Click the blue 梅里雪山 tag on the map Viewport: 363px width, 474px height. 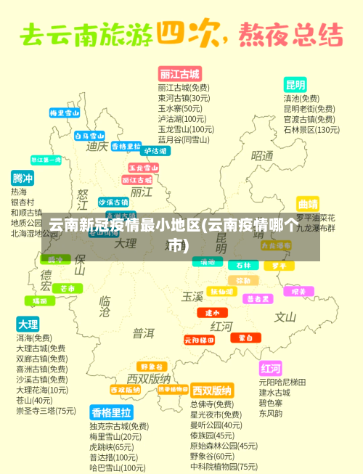64,113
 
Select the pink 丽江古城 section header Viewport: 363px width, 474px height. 179,74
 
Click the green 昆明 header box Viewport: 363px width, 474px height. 295,84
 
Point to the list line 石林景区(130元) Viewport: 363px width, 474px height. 311,130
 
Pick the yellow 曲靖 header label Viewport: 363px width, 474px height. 308,204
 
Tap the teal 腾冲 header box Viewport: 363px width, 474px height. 23,178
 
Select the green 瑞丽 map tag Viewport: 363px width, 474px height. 40,301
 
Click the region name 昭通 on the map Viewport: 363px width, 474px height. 262,156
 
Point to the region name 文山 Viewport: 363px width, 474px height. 285,317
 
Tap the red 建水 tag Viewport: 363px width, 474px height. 212,312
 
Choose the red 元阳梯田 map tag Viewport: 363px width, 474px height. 199,340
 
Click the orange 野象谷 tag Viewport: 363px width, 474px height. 153,367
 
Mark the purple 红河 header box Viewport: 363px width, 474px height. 270,367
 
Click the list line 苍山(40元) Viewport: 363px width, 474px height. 34,400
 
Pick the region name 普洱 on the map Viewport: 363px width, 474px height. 143,333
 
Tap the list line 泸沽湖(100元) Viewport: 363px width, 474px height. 182,118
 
